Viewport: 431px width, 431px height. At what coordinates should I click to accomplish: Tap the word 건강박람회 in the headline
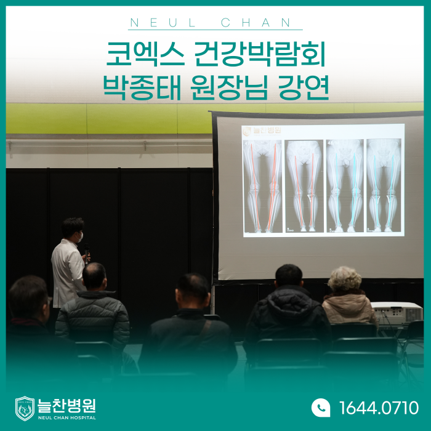tap(259, 54)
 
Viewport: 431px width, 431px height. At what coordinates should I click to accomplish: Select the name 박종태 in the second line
tap(142, 87)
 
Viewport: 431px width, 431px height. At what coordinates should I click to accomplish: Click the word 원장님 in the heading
tap(228, 87)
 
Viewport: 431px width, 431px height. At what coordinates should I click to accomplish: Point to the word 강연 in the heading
tap(304, 87)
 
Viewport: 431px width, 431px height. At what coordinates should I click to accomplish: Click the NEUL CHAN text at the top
tap(211, 23)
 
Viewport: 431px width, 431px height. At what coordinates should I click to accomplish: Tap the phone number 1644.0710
tap(379, 408)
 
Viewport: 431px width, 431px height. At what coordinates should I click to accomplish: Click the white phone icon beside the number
tap(321, 408)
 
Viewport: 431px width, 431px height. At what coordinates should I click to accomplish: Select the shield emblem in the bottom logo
tap(25, 408)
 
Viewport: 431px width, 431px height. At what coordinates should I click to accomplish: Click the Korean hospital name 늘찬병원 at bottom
tap(66, 405)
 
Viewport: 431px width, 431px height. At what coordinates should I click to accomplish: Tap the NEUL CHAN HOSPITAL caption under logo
tap(66, 418)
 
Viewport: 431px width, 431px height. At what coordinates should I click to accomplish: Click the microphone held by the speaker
tap(87, 253)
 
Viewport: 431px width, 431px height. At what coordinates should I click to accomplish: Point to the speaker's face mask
tap(79, 237)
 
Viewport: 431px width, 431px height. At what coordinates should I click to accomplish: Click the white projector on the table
tap(397, 313)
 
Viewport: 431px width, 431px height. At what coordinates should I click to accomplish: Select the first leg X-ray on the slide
tap(263, 186)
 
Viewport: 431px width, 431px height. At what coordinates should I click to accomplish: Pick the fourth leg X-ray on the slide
tap(384, 185)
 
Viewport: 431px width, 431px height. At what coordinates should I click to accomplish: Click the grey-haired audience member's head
tap(344, 280)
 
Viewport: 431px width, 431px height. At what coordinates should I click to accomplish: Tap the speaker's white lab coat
tap(68, 272)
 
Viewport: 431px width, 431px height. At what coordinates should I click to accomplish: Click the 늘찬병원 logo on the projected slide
tap(262, 131)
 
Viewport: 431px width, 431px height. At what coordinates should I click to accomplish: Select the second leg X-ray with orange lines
tap(304, 186)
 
